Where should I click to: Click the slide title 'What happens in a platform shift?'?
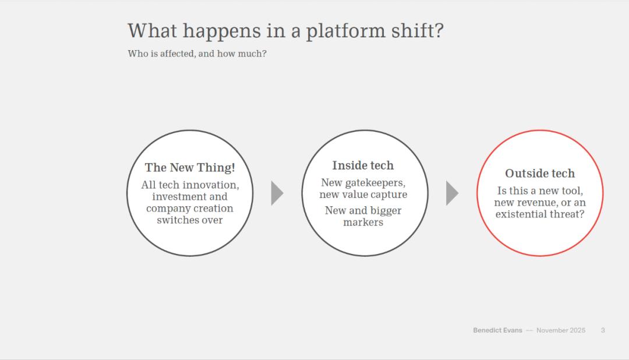click(285, 31)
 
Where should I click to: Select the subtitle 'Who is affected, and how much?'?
click(197, 54)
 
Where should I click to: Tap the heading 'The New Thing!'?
click(190, 167)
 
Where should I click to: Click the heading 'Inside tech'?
click(363, 165)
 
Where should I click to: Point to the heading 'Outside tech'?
click(540, 174)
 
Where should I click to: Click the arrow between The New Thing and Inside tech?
click(277, 193)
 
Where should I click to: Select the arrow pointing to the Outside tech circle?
click(452, 193)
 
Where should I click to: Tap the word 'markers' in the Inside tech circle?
click(363, 223)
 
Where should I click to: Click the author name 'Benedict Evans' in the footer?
click(497, 330)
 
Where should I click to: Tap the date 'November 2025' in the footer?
click(561, 330)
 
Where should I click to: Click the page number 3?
click(603, 330)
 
